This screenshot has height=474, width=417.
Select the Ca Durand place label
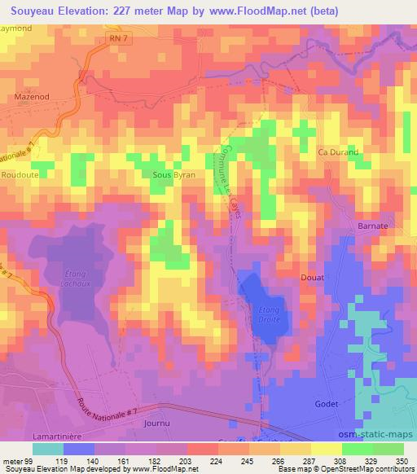[x=337, y=152]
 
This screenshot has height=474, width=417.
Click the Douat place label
[x=314, y=278]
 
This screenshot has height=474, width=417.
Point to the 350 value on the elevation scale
[x=401, y=460]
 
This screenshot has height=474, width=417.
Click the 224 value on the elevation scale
[x=193, y=460]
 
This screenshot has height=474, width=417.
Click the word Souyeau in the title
[x=33, y=10]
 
